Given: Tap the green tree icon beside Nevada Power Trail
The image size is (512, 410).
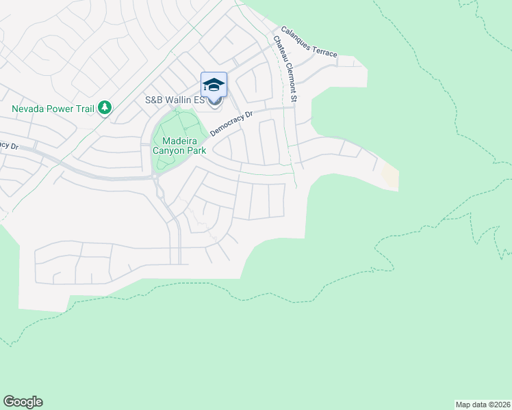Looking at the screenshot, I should tap(105, 107).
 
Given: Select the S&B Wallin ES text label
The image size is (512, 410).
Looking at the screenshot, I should tap(175, 100).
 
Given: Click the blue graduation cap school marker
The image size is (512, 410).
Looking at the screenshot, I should tap(214, 85).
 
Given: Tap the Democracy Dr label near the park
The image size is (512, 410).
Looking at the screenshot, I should tap(231, 123).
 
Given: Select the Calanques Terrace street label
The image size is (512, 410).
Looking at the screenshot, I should tap(309, 42).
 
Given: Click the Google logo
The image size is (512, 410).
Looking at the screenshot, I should tap(23, 402).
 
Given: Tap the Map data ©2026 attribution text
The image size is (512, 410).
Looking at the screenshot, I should tap(483, 404).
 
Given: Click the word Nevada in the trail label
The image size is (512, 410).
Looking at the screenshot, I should tap(28, 108).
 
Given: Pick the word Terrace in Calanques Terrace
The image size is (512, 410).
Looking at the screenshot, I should tap(324, 49).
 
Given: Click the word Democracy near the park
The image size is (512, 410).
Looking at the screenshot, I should tap(227, 125).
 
